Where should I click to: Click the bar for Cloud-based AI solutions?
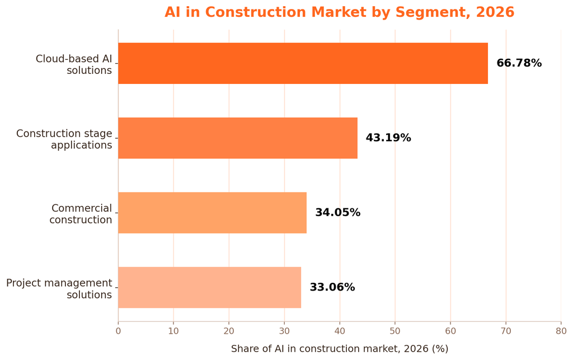pyautogui.click(x=303, y=63)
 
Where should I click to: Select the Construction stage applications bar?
pyautogui.click(x=238, y=138)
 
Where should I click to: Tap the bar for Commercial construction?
pyautogui.click(x=212, y=213)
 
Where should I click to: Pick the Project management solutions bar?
pyautogui.click(x=210, y=287)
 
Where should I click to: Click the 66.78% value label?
pyautogui.click(x=519, y=63)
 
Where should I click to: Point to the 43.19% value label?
pyautogui.click(x=388, y=138)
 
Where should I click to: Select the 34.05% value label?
pyautogui.click(x=337, y=212)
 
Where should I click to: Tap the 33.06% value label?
pyautogui.click(x=332, y=287)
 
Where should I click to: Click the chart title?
pyautogui.click(x=340, y=12)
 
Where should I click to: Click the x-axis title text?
pyautogui.click(x=340, y=349)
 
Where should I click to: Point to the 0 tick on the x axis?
pyautogui.click(x=118, y=331)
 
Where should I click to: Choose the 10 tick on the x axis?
pyautogui.click(x=173, y=331)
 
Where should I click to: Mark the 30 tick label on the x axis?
pyautogui.click(x=284, y=331)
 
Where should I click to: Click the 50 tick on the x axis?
pyautogui.click(x=395, y=331)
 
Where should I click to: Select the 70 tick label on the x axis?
pyautogui.click(x=506, y=331)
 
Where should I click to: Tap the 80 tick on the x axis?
pyautogui.click(x=561, y=331)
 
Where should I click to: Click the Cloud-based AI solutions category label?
pyautogui.click(x=74, y=64)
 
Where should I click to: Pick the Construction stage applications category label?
pyautogui.click(x=64, y=139)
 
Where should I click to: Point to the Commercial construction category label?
pyautogui.click(x=81, y=214)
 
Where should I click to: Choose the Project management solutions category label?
pyautogui.click(x=59, y=289)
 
